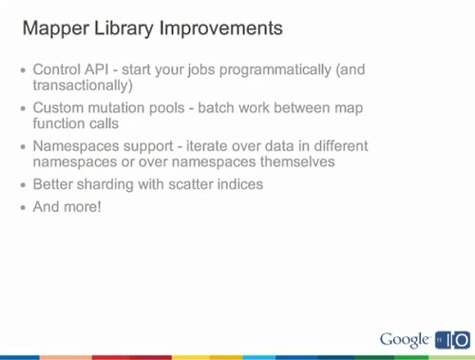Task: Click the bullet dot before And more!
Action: coord(24,208)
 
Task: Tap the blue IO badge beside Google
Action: coord(451,339)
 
